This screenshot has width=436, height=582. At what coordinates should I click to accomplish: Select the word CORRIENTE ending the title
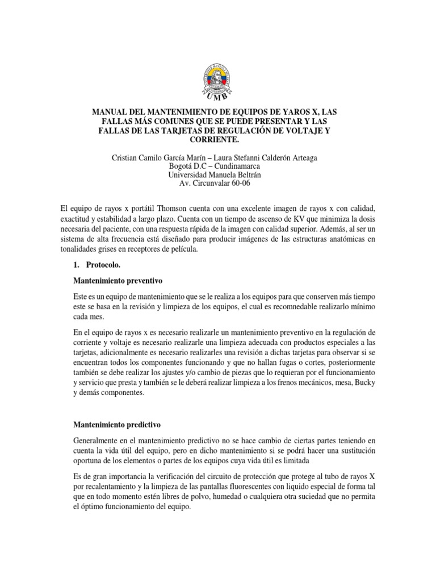[218, 139]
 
